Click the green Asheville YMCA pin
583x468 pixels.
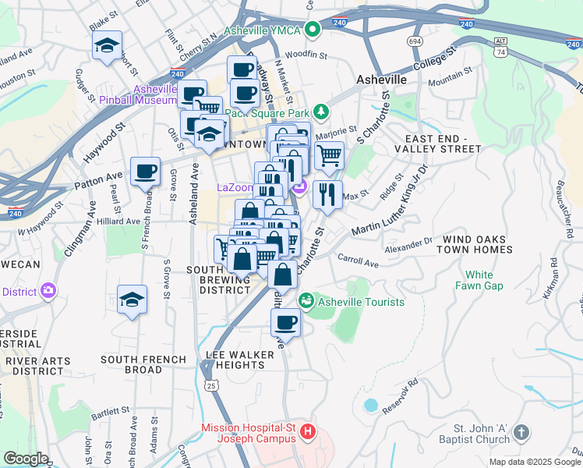pyautogui.click(x=313, y=30)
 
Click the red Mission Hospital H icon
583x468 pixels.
pyautogui.click(x=309, y=431)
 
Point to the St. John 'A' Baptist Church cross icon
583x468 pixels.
pyautogui.click(x=521, y=431)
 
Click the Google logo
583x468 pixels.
pyautogui.click(x=26, y=459)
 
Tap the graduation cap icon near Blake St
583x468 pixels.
pyautogui.click(x=107, y=46)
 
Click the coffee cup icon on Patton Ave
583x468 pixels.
pyautogui.click(x=145, y=172)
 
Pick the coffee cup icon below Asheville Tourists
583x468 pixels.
pyautogui.click(x=285, y=323)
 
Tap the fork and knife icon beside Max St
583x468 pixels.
pyautogui.click(x=327, y=194)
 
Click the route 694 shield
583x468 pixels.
pyautogui.click(x=414, y=41)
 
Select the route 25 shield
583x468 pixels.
pyautogui.click(x=210, y=385)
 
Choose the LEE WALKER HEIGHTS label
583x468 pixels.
pyautogui.click(x=240, y=360)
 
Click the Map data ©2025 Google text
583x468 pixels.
pyautogui.click(x=534, y=461)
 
